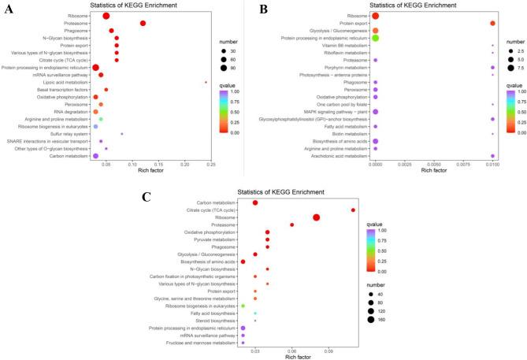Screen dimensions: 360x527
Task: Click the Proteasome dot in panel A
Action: pyautogui.click(x=143, y=23)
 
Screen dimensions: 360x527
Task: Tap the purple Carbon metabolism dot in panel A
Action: pyautogui.click(x=95, y=156)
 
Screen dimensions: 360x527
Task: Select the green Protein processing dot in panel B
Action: pyautogui.click(x=376, y=38)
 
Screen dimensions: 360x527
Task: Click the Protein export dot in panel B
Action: pyautogui.click(x=492, y=23)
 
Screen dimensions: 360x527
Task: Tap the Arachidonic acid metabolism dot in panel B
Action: pyautogui.click(x=492, y=156)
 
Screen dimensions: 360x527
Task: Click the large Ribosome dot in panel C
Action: pyautogui.click(x=317, y=217)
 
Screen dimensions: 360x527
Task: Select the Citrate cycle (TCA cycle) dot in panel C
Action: pyautogui.click(x=353, y=210)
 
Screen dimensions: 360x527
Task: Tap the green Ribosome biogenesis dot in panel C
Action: pyautogui.click(x=243, y=306)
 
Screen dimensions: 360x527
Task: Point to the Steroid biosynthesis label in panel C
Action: pyautogui.click(x=215, y=321)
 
